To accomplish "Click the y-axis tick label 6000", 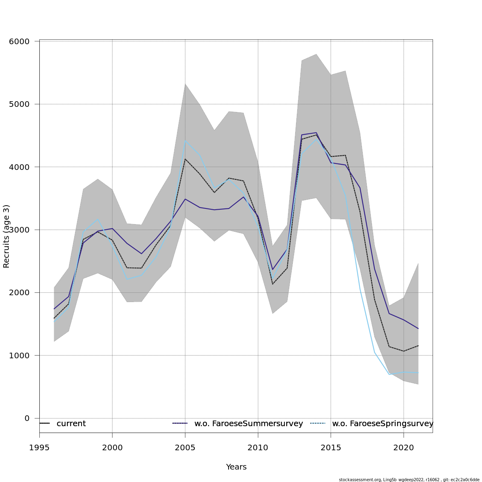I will pos(19,41).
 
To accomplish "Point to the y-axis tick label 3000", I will pos(19,230).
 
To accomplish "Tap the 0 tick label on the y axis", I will pos(27,418).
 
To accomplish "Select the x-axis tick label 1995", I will pos(39,447).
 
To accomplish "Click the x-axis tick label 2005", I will pos(185,447).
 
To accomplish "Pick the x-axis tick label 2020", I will pos(403,447).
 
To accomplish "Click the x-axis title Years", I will pos(236,467).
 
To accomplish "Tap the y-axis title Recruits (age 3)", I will pos(6,236).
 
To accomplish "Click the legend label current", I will pos(71,424).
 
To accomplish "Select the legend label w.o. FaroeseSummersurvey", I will pos(248,424).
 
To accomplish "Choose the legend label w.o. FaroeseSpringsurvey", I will pos(382,424).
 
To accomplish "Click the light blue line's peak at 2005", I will pos(185,140).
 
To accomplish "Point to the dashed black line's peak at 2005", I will pos(185,159).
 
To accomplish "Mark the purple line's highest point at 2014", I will pos(317,133).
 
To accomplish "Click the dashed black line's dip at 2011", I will pos(273,284).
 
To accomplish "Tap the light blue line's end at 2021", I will pos(418,374).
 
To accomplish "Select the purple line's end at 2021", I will pos(418,329).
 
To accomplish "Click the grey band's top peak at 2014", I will pos(317,54).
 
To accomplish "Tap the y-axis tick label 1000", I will pos(19,355).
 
